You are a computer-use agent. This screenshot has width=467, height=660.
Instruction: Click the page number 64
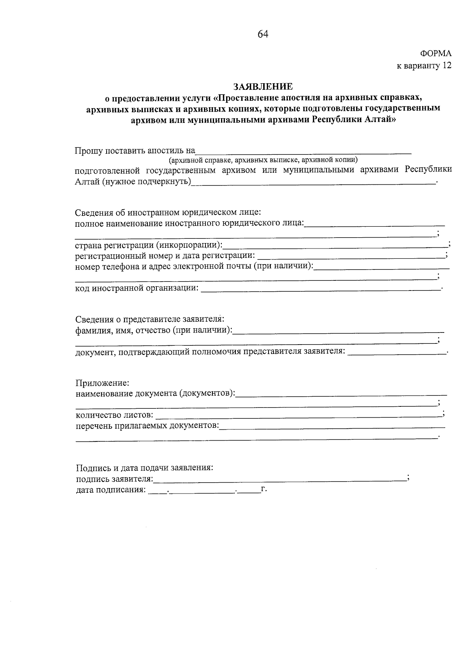tap(263, 35)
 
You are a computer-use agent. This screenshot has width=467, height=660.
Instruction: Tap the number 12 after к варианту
tap(447, 65)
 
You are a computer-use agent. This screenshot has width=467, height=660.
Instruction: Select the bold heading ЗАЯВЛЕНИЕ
tap(263, 86)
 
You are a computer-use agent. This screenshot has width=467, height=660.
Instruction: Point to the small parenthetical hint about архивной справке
tap(263, 160)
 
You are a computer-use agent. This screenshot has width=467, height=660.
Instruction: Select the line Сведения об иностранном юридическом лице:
tap(167, 212)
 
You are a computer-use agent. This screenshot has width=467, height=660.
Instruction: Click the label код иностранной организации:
tap(137, 288)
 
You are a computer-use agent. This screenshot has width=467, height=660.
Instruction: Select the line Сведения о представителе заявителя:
tap(149, 319)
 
